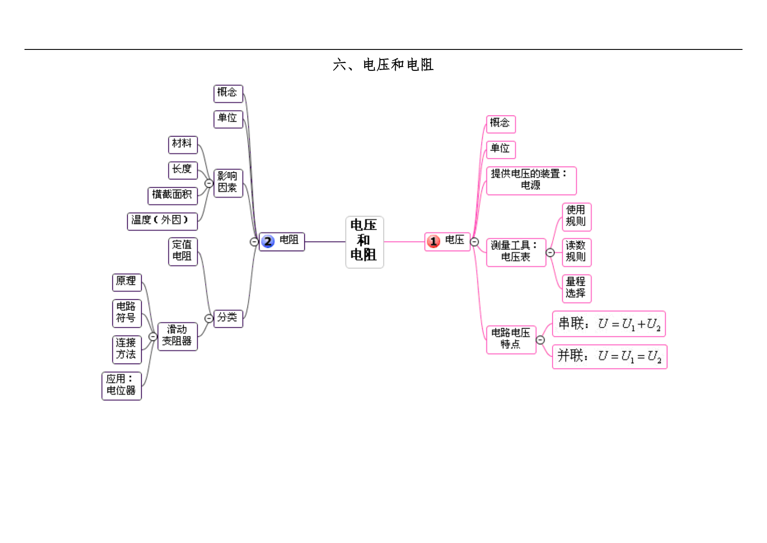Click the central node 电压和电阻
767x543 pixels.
tap(364, 242)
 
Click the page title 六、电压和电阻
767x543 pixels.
tap(383, 65)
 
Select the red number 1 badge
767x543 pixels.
tap(433, 242)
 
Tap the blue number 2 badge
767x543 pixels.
tap(268, 242)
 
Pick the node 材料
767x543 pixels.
tap(183, 145)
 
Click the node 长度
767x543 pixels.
tap(183, 170)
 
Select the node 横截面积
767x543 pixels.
tap(173, 196)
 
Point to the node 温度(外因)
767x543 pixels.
tap(162, 221)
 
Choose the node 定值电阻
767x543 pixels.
tap(183, 252)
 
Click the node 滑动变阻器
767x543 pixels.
tap(178, 336)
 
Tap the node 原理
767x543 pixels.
tap(127, 282)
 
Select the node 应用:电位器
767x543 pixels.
tap(122, 386)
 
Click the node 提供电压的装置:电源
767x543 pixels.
tap(531, 181)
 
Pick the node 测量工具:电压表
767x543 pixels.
tap(516, 252)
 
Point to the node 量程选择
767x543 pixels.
tap(576, 289)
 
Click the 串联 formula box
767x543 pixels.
tap(609, 324)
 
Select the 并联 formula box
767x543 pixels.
tap(610, 357)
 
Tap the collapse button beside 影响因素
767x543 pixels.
tap(209, 183)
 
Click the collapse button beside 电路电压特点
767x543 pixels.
tap(540, 340)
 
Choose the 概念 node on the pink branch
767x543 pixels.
tap(501, 124)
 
